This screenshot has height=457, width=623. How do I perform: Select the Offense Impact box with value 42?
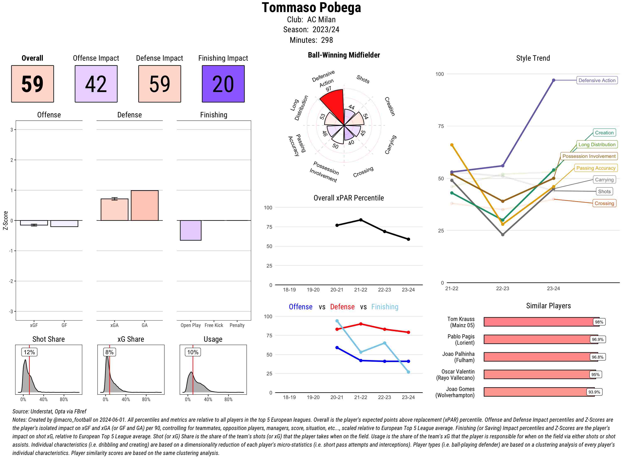pyautogui.click(x=96, y=84)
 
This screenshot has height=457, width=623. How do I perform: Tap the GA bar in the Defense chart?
pyautogui.click(x=144, y=205)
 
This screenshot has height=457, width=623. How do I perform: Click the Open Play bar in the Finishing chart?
pyautogui.click(x=190, y=230)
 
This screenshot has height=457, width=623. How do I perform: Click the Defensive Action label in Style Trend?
pyautogui.click(x=597, y=80)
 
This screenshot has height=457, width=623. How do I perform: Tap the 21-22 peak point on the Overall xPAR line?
pyautogui.click(x=361, y=220)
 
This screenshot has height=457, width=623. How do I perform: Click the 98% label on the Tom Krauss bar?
pyautogui.click(x=599, y=322)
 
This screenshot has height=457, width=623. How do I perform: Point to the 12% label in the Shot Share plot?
pyautogui.click(x=29, y=352)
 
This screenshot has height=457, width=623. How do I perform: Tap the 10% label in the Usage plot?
pyautogui.click(x=193, y=352)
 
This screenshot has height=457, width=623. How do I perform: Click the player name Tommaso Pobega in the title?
pyautogui.click(x=311, y=7)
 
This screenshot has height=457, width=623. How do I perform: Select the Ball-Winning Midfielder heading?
pyautogui.click(x=344, y=55)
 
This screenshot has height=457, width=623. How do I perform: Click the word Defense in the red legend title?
pyautogui.click(x=342, y=307)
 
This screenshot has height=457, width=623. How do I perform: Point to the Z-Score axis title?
pyautogui.click(x=5, y=220)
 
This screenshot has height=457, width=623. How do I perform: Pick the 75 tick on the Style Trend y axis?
pyautogui.click(x=441, y=126)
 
